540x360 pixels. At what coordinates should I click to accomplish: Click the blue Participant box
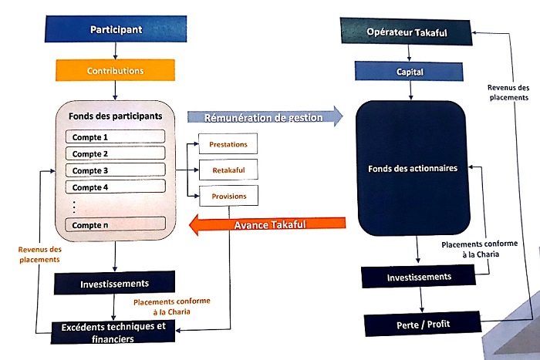[115, 29]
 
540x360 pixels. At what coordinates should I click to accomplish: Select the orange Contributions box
[115, 70]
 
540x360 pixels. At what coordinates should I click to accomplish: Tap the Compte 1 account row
[115, 136]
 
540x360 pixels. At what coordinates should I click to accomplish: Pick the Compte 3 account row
[115, 170]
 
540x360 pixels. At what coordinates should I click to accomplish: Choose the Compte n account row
[115, 224]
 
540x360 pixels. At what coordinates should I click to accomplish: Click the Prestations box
[228, 144]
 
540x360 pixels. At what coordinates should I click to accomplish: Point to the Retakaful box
[228, 170]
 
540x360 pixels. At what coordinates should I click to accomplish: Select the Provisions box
[228, 197]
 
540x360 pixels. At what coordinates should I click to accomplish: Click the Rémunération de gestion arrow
[265, 117]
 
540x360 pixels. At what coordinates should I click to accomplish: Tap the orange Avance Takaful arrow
[267, 225]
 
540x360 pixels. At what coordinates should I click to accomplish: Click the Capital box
[410, 72]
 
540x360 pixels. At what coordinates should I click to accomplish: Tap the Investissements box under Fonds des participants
[115, 283]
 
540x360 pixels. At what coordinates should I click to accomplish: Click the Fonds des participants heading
[114, 116]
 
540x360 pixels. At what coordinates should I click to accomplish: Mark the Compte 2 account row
[115, 153]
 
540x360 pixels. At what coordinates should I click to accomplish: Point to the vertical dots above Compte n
[73, 207]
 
